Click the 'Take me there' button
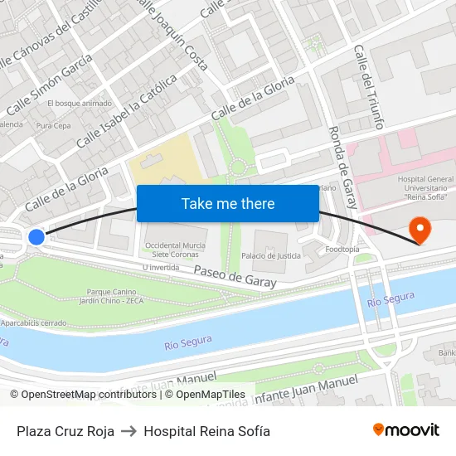click(228, 203)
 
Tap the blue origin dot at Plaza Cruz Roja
click(36, 237)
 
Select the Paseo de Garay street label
click(235, 277)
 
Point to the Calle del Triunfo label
click(368, 87)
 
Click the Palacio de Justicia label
click(277, 256)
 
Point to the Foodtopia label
click(342, 249)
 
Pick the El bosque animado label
click(79, 104)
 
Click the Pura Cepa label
click(54, 126)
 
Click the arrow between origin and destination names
click(129, 431)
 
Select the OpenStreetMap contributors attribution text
click(83, 395)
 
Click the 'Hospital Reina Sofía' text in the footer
click(206, 431)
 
